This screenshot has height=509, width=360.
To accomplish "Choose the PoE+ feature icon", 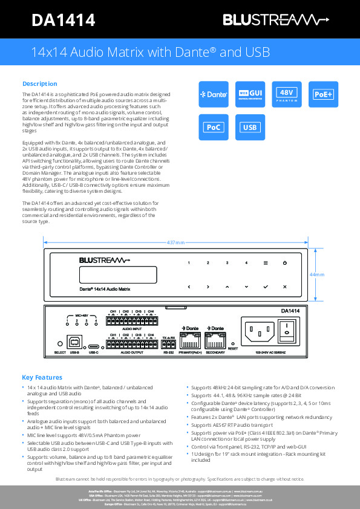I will pyautogui.click(x=323, y=94).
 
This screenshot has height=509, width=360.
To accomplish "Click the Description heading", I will pyautogui.click(x=40, y=83).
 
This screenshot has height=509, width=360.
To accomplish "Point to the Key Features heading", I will pyautogui.click(x=42, y=377).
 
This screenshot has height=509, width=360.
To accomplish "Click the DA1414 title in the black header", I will pyautogui.click(x=63, y=21).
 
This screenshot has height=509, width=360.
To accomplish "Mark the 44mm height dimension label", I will pyautogui.click(x=317, y=274).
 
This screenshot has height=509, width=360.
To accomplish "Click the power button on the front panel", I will pyautogui.click(x=284, y=263).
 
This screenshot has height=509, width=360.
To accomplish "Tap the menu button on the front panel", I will pyautogui.click(x=265, y=263).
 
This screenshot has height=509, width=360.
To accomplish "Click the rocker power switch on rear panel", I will pyautogui.click(x=290, y=329).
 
